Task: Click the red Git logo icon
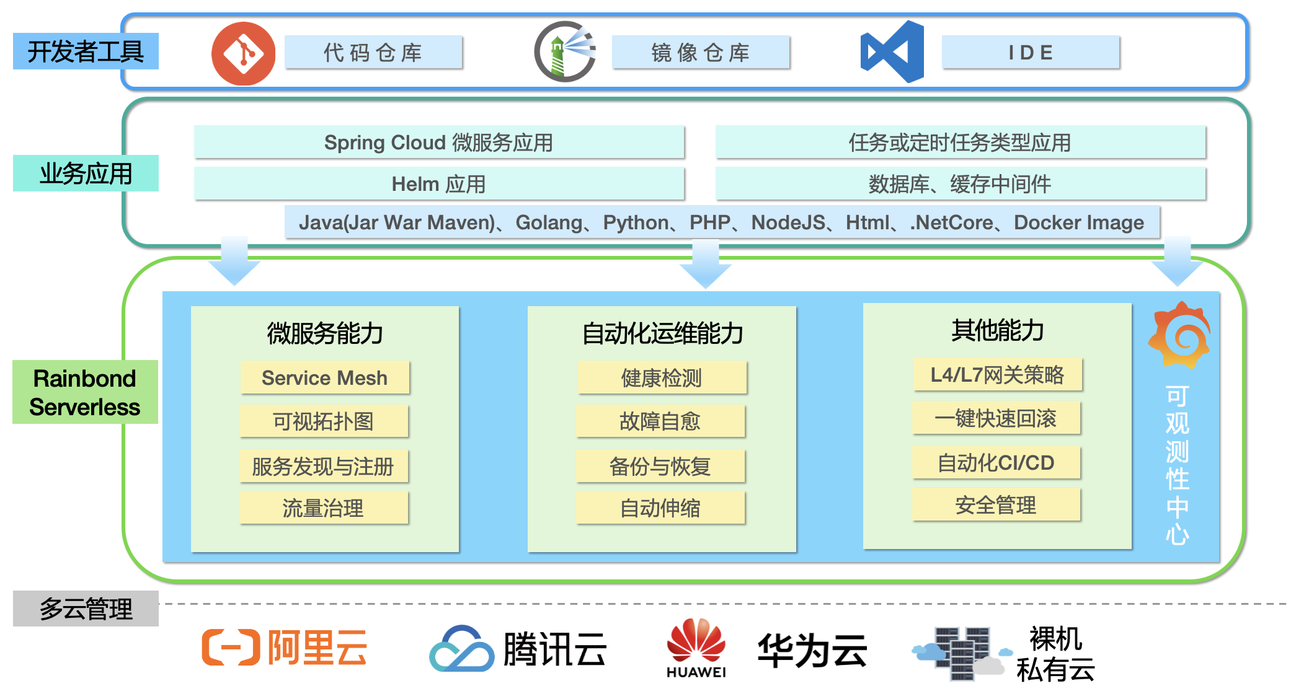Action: point(243,53)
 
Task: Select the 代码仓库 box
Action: point(373,53)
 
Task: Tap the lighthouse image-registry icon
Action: point(565,52)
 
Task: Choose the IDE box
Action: point(1031,53)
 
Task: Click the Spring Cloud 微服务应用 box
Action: point(438,143)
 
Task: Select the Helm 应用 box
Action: point(438,184)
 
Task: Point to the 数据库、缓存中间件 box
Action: point(960,184)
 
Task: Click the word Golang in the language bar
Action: point(549,222)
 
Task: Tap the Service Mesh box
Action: point(324,377)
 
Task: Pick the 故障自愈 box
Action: point(660,421)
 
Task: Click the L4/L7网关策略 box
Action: point(997,375)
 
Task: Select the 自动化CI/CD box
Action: point(996,463)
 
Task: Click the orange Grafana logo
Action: point(1179,335)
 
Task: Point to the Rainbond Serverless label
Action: point(85,392)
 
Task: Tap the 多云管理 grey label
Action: point(86,609)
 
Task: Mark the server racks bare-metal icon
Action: point(961,654)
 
